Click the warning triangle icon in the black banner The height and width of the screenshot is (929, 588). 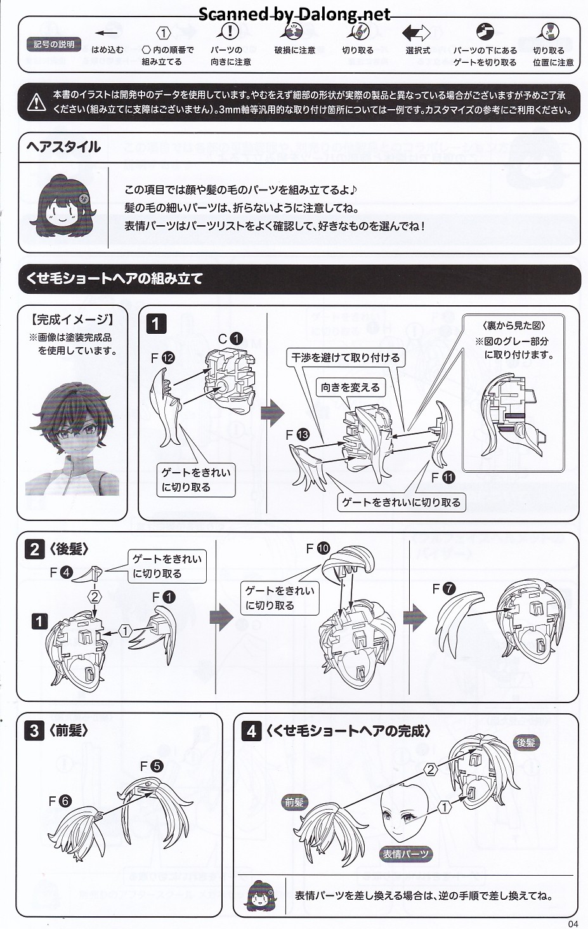click(36, 102)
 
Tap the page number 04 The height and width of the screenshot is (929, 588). click(573, 923)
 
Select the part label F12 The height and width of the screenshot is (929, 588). click(163, 359)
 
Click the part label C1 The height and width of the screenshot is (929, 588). click(230, 339)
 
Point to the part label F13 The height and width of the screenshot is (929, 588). click(297, 435)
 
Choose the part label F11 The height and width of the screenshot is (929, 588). click(443, 478)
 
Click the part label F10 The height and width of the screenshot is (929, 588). click(318, 549)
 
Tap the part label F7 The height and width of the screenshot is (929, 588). click(443, 588)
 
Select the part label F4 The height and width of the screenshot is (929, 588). click(61, 573)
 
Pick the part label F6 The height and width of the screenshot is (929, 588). click(60, 801)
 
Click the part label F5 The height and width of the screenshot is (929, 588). click(152, 766)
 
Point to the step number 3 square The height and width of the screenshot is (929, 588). click(34, 731)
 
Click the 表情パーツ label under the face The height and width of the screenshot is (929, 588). click(405, 854)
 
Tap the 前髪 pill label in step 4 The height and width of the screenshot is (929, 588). click(294, 802)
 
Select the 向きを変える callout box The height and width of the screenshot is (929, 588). click(350, 387)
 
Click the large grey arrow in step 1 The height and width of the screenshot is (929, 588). click(273, 413)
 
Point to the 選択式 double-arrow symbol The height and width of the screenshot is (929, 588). click(416, 33)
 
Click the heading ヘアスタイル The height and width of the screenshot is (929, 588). click(63, 147)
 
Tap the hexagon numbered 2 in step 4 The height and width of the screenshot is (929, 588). click(431, 770)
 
